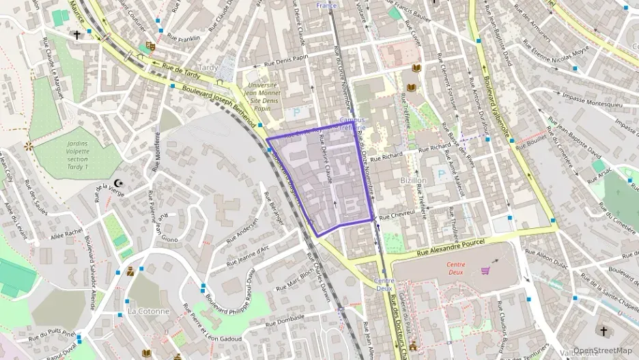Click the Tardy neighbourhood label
tap(208, 68)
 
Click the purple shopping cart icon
tap(485, 271)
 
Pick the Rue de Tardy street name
tap(179, 68)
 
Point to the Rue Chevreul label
tap(397, 215)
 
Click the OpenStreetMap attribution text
tap(603, 350)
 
